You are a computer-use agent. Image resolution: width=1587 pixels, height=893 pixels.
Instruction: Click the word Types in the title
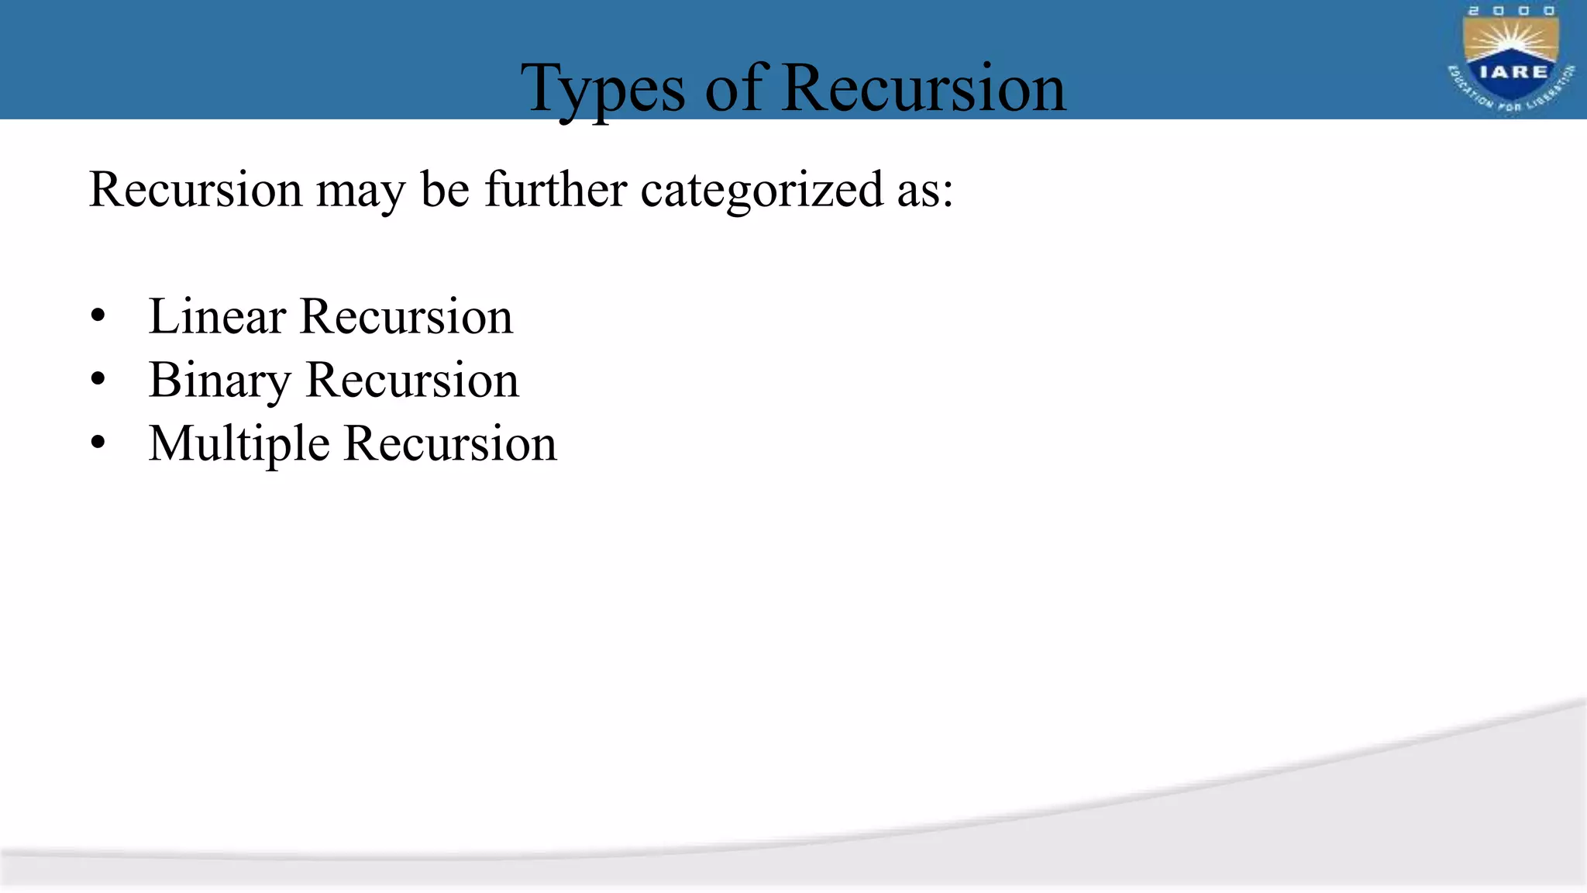click(x=603, y=90)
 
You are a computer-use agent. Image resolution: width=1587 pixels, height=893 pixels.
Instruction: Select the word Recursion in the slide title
click(x=923, y=88)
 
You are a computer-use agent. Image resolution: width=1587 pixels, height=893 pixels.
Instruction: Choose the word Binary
click(x=220, y=381)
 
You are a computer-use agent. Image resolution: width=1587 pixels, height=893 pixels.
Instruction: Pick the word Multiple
click(x=239, y=444)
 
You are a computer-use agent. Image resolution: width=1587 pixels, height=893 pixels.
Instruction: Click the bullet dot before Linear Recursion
click(x=98, y=316)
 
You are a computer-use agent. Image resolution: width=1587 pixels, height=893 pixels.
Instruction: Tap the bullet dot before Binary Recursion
click(x=98, y=380)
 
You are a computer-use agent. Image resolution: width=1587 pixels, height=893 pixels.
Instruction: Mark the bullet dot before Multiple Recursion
click(x=98, y=443)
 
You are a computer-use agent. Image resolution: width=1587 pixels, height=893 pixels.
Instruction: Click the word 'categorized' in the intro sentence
click(x=762, y=190)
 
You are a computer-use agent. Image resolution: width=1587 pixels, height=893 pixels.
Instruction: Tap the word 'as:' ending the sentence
click(x=924, y=190)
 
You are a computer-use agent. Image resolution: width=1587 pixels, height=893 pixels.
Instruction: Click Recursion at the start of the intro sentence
click(x=195, y=189)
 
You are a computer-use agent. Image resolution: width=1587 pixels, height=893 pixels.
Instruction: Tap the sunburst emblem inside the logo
click(x=1510, y=43)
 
